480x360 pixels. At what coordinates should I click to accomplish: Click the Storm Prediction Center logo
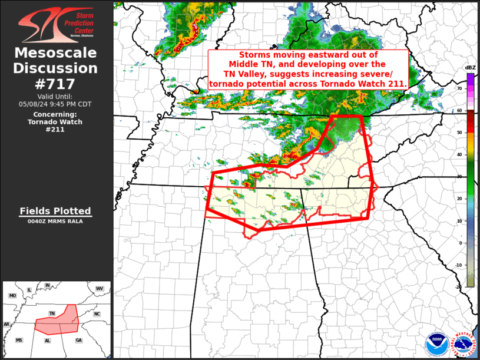(x=56, y=23)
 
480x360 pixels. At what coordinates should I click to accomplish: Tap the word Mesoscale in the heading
(x=56, y=54)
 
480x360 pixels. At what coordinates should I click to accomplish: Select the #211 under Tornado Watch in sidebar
(x=56, y=130)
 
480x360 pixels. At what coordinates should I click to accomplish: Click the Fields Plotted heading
(x=56, y=211)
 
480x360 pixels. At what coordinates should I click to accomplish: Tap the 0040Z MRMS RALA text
(x=56, y=222)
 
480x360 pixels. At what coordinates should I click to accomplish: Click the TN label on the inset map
(x=52, y=313)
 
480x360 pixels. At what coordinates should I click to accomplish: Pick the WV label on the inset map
(x=99, y=288)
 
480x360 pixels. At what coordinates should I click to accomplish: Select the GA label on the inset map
(x=79, y=340)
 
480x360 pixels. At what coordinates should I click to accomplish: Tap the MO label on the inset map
(x=12, y=295)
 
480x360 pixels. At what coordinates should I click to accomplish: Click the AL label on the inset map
(x=48, y=340)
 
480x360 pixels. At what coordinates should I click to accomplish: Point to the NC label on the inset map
(x=97, y=314)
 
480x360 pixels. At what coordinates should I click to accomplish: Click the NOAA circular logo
(x=436, y=342)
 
